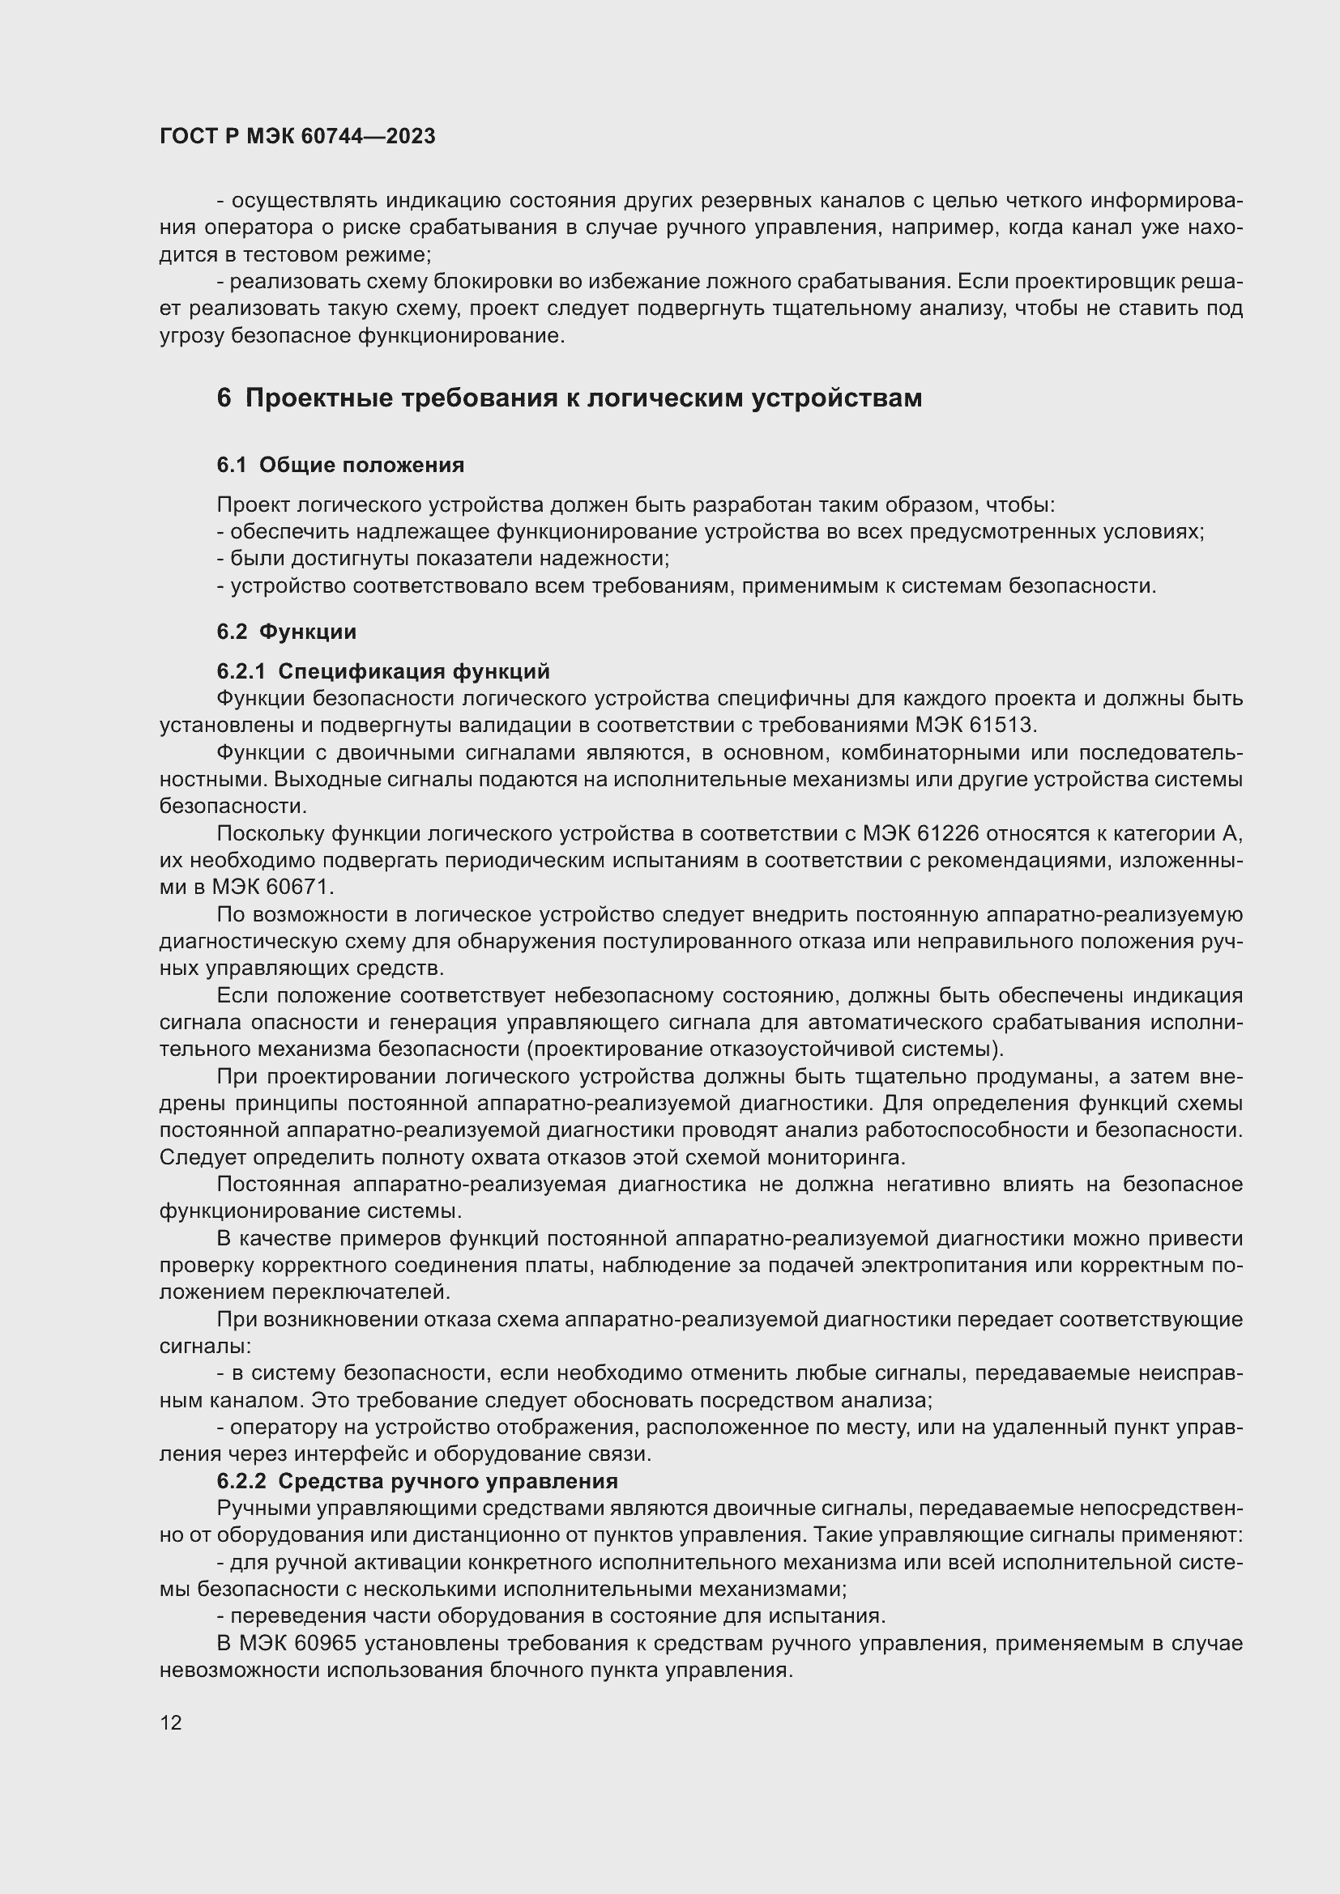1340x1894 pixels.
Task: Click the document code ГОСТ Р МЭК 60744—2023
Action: point(297,136)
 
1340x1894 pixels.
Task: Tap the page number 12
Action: point(171,1722)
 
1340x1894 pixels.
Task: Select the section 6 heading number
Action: point(224,398)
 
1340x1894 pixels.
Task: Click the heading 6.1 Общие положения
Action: point(340,466)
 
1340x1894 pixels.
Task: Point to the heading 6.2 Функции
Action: point(286,632)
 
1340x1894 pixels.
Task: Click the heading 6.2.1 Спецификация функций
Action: point(383,670)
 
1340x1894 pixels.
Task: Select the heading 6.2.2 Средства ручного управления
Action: point(416,1481)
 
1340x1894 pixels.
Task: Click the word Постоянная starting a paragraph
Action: point(278,1185)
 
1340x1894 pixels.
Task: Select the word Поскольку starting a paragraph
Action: point(270,834)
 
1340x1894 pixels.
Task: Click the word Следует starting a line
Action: point(203,1157)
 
